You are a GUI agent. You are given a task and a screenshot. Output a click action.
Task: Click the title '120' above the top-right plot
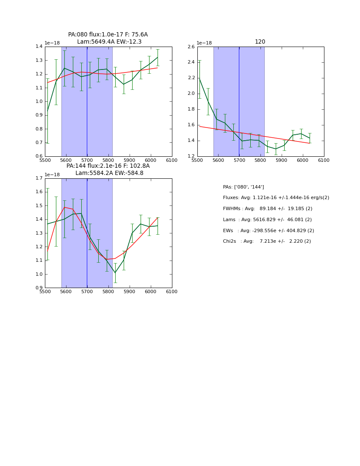[260, 42]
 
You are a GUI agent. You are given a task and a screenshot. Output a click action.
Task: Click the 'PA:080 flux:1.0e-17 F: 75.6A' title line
[108, 35]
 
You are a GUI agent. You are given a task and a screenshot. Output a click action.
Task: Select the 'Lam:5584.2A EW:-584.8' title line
[109, 173]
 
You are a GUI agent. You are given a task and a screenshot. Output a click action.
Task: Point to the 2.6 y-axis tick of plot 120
[191, 47]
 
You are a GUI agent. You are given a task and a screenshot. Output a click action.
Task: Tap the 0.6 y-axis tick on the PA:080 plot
[39, 156]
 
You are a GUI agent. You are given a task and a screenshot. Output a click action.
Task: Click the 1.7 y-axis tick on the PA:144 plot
[39, 178]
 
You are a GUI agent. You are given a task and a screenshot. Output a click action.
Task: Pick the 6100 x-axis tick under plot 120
[324, 161]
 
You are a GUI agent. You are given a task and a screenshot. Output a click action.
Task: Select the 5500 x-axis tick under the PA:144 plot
[45, 292]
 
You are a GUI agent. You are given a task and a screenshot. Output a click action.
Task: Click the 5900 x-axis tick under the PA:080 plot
[130, 161]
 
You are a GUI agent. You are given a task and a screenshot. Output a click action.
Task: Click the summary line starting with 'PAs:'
[244, 187]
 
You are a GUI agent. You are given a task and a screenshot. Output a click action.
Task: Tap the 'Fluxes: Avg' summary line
[276, 198]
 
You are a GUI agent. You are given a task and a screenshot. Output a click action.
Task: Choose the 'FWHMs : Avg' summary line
[267, 209]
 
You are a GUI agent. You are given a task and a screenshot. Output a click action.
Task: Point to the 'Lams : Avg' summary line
[267, 220]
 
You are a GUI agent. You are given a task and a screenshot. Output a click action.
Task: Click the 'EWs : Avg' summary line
[269, 230]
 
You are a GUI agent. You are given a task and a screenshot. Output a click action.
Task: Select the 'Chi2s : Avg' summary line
[267, 241]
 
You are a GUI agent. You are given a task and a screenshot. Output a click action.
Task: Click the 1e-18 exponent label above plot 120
[204, 43]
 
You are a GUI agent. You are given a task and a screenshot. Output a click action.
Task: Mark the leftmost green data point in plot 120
[199, 79]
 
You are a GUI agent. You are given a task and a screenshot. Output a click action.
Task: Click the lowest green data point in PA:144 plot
[115, 273]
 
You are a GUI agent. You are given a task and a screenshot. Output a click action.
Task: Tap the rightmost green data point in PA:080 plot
[158, 57]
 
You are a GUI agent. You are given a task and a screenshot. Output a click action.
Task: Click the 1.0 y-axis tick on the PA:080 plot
[39, 102]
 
